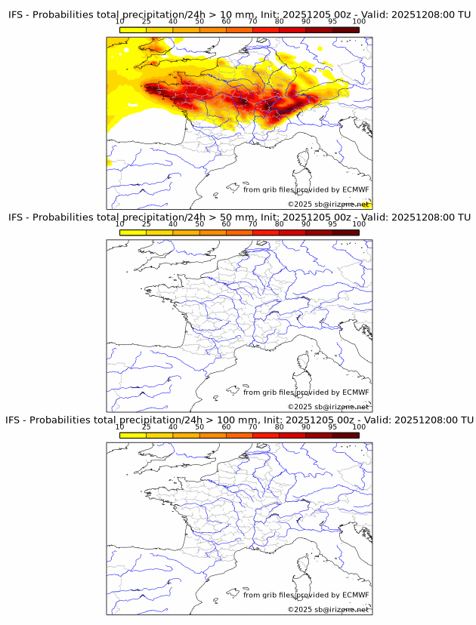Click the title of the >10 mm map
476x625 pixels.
[x=239, y=15]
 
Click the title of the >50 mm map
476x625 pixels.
[x=239, y=217]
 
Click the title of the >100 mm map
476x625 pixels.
[x=239, y=420]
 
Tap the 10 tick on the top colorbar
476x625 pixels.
[x=120, y=22]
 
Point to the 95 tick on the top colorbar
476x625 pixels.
[x=332, y=22]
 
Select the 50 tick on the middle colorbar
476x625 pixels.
[x=199, y=224]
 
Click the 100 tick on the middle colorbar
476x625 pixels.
[x=359, y=224]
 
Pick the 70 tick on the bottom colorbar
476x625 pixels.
[x=253, y=426]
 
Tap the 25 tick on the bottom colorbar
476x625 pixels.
[x=147, y=426]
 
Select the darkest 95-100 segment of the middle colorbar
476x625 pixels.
[x=345, y=232]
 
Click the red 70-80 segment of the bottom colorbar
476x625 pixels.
[x=266, y=435]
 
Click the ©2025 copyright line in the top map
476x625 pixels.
[x=328, y=205]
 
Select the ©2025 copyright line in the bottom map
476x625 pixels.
[x=328, y=609]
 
